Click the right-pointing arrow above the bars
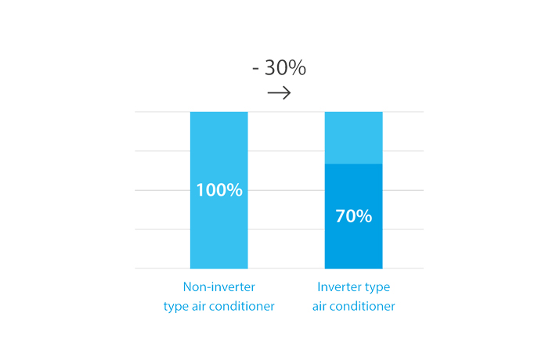click(279, 93)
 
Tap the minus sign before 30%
click(255, 69)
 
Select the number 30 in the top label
click(276, 67)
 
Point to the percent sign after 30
click(297, 67)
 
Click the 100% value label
click(219, 190)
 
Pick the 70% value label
click(353, 216)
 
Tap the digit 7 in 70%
click(341, 216)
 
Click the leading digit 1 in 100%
click(200, 190)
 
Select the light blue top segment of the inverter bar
click(353, 138)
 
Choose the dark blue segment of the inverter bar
click(353, 216)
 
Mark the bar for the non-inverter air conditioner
click(218, 190)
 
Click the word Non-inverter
click(218, 286)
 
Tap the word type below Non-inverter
click(175, 307)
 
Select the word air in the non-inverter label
click(199, 306)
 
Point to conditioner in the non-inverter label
click(241, 306)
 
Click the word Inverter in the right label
click(335, 286)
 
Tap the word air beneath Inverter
click(319, 306)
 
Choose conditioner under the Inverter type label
click(362, 306)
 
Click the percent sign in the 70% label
click(364, 216)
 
